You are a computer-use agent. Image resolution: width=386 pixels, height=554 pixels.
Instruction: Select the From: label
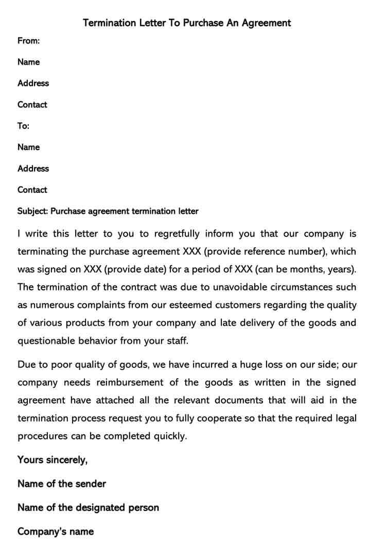point(29,41)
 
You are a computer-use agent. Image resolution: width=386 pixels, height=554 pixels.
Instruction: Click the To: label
point(24,126)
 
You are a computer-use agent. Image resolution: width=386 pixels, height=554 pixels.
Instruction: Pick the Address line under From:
point(33,83)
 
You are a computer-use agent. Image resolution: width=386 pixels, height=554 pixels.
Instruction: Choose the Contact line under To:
point(32,190)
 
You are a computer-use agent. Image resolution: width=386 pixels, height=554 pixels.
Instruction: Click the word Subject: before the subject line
point(33,211)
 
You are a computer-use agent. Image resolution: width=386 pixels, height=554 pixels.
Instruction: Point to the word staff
point(177,341)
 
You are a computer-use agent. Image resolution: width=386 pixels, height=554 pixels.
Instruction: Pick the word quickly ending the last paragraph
point(170,436)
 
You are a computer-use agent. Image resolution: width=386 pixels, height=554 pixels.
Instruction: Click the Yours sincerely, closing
point(52,460)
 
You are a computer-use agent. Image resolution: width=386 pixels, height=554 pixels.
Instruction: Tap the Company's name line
point(56,531)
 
